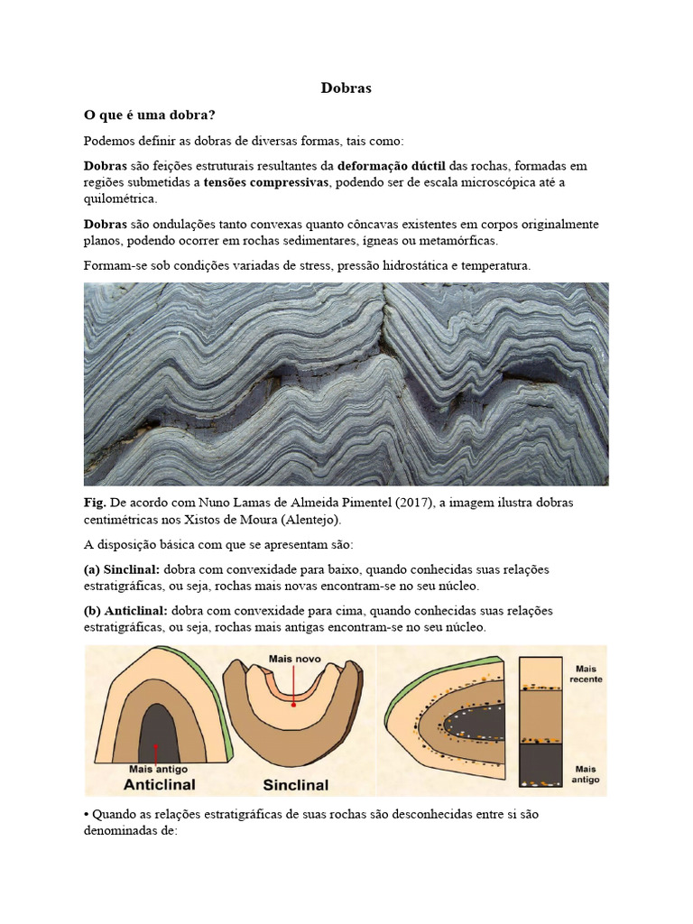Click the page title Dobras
(346, 88)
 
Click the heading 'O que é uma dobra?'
(149, 115)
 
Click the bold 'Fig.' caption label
(95, 503)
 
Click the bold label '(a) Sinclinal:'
(122, 569)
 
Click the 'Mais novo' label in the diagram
(294, 660)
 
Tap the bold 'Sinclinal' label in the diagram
(295, 784)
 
